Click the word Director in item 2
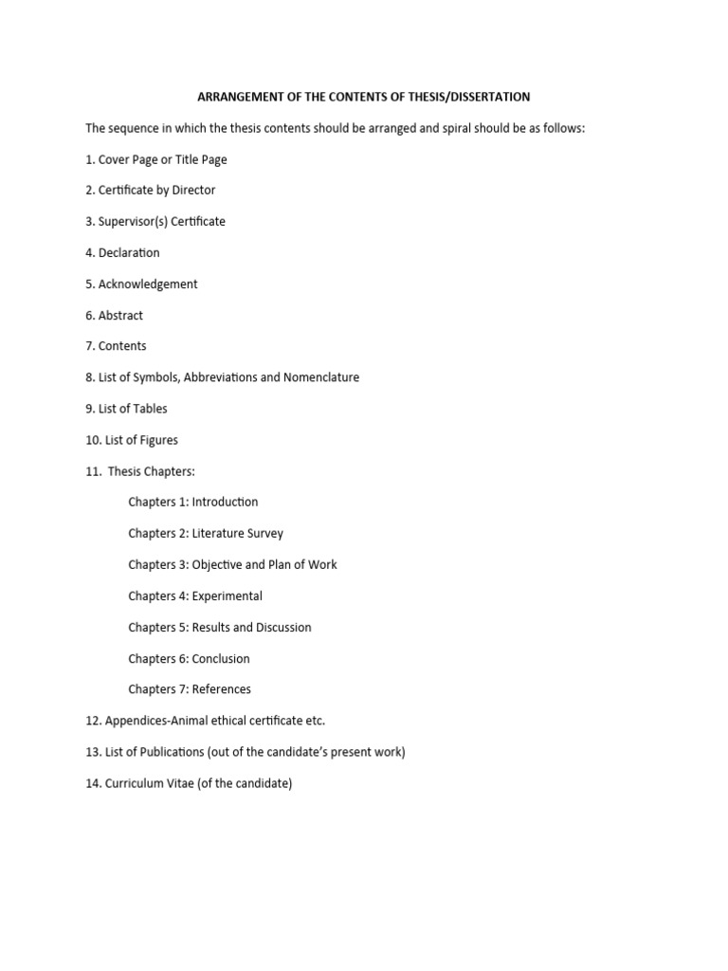click(x=193, y=190)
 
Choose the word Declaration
click(x=129, y=252)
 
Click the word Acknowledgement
click(x=148, y=284)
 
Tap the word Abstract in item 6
click(x=120, y=315)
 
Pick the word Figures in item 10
click(x=156, y=440)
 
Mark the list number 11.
click(x=92, y=471)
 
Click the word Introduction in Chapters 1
click(x=225, y=502)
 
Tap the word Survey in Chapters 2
click(x=264, y=533)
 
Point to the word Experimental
click(x=227, y=595)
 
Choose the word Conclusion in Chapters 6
click(x=221, y=658)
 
